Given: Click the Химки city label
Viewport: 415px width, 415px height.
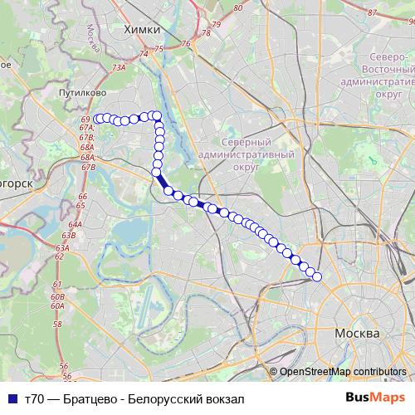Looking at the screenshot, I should (140, 29).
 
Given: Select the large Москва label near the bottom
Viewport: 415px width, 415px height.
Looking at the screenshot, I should (357, 332).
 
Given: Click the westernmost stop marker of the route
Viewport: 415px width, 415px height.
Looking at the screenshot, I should (97, 119).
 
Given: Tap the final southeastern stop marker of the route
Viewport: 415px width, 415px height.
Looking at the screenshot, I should (316, 276).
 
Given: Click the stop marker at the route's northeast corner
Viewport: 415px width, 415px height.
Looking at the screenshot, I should (156, 116).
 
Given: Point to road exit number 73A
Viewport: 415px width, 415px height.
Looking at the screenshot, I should (119, 67).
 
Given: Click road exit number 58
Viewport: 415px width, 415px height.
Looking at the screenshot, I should (57, 324).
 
